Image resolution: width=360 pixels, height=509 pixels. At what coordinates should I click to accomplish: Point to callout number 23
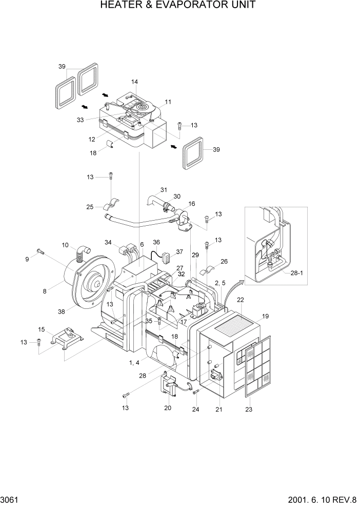(249, 409)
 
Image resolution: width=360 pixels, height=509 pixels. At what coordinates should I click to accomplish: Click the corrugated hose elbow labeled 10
(81, 252)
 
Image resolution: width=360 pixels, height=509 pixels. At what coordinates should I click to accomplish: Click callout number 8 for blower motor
(45, 291)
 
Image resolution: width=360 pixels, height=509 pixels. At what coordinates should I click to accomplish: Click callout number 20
(168, 408)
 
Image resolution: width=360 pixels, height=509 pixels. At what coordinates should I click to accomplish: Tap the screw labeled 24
(196, 393)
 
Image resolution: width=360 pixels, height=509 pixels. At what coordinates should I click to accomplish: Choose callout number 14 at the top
(134, 82)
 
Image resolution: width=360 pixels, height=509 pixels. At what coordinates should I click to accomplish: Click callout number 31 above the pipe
(164, 190)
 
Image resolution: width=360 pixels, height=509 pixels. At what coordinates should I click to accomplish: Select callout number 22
(240, 300)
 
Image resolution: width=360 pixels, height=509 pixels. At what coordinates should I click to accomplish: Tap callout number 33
(79, 120)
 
